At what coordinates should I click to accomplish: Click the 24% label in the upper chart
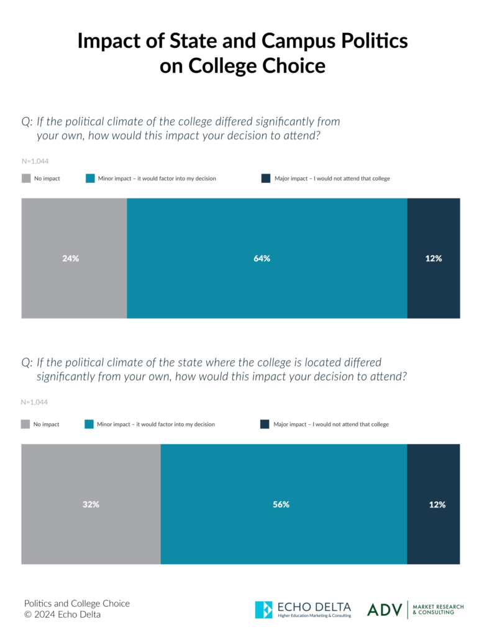71,258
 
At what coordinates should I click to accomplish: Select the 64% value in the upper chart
262,258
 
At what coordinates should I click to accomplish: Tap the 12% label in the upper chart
434,258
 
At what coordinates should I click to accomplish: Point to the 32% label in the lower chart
91,504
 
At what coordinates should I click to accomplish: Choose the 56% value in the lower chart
281,504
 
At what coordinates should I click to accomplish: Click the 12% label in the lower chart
437,504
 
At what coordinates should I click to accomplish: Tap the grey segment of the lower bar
91,535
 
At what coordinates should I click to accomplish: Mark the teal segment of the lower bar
284,535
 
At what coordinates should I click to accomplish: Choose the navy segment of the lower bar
447,535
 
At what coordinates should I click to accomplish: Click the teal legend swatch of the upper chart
91,186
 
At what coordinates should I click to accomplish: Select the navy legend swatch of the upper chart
268,186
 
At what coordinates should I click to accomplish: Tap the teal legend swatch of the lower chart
90,432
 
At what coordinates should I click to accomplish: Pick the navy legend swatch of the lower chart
266,429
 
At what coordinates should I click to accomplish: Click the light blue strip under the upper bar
267,328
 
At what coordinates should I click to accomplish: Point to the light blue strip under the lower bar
284,571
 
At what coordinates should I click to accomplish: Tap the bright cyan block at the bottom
266,619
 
